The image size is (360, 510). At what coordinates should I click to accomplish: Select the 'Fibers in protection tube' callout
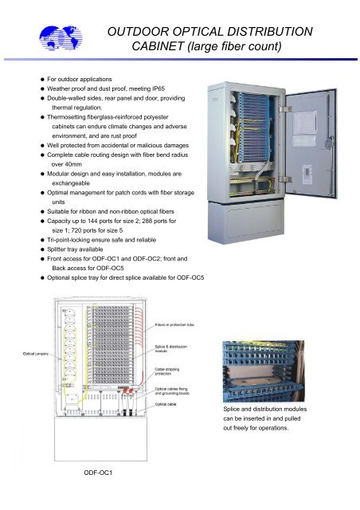click(x=175, y=326)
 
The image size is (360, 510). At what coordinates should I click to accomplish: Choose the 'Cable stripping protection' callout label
click(x=170, y=374)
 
